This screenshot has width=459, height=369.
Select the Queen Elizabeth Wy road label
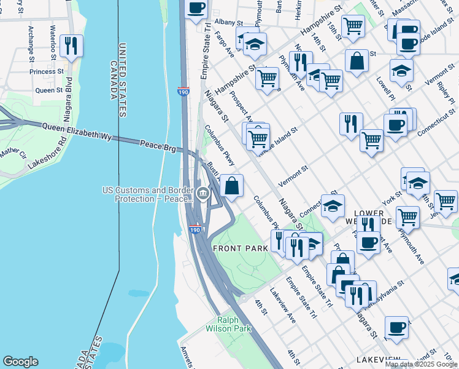click(x=77, y=132)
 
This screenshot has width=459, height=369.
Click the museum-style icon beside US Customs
click(x=202, y=194)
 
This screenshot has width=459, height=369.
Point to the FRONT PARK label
click(x=240, y=248)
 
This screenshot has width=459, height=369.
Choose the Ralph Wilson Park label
click(x=234, y=324)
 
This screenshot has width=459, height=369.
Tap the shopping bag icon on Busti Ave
click(x=232, y=186)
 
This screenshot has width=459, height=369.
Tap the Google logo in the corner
click(x=20, y=362)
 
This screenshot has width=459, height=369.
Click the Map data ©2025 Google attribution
click(x=421, y=364)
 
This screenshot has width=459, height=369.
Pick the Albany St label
click(x=222, y=22)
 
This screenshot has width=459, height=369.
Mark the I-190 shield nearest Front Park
click(x=195, y=229)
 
